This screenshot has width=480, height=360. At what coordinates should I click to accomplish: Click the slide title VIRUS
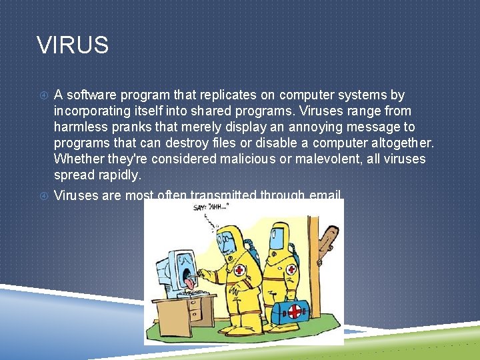coord(73,45)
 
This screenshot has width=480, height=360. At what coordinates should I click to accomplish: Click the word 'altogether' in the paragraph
coord(398,143)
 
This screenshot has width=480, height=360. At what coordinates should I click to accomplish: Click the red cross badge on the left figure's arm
coord(238,271)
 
